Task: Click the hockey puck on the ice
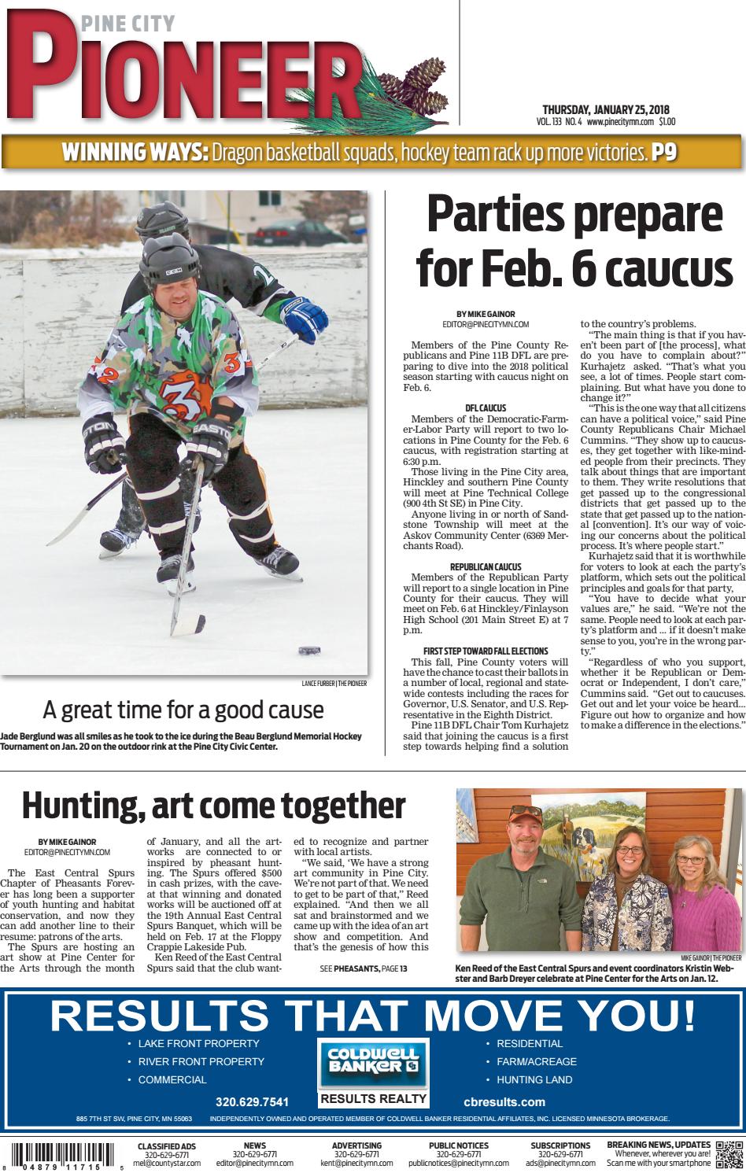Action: click(308, 651)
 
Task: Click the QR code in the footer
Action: click(728, 1154)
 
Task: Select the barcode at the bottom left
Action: click(63, 1156)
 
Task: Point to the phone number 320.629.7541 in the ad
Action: click(252, 1101)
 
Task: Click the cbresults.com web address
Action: click(515, 1101)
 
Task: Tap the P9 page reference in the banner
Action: click(663, 152)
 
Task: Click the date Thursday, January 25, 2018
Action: click(605, 109)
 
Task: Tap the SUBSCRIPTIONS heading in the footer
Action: click(560, 1145)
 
